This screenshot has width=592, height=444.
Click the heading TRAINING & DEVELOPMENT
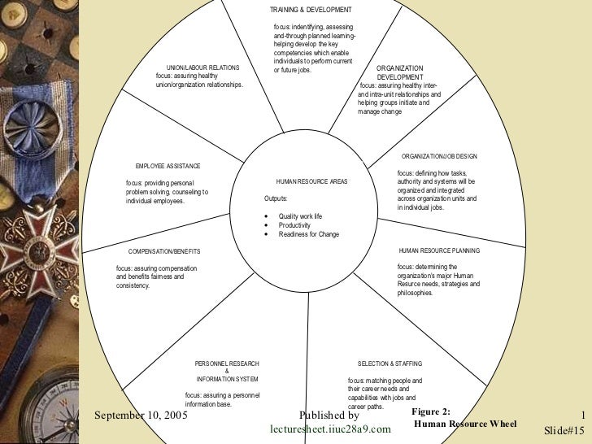[311, 10]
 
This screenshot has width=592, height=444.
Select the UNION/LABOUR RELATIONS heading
[202, 67]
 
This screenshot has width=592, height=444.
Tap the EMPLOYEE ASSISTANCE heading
[168, 166]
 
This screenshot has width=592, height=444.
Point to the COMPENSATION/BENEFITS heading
[164, 251]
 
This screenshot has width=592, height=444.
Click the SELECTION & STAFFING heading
[390, 363]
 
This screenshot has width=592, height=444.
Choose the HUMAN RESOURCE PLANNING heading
[439, 250]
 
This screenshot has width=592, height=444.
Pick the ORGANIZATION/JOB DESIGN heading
[439, 155]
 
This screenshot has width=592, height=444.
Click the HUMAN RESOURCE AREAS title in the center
[311, 181]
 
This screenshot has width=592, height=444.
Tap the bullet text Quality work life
[300, 215]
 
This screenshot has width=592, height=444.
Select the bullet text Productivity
[295, 224]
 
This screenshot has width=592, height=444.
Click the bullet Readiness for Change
[308, 234]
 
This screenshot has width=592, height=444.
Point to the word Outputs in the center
[276, 198]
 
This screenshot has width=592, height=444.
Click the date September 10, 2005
[141, 415]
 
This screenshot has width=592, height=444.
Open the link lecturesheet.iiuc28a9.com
[330, 429]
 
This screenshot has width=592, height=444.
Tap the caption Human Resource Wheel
[465, 424]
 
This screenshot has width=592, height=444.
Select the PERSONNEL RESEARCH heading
[227, 363]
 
